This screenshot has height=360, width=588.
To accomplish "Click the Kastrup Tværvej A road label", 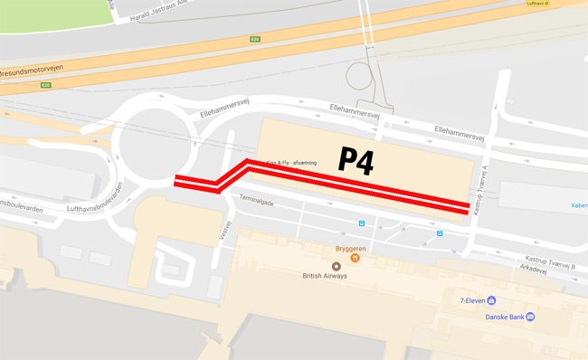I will pos(487,185).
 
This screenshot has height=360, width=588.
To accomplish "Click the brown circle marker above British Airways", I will pos(337,267).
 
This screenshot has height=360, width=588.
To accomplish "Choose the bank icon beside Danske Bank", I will pos(530,316).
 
